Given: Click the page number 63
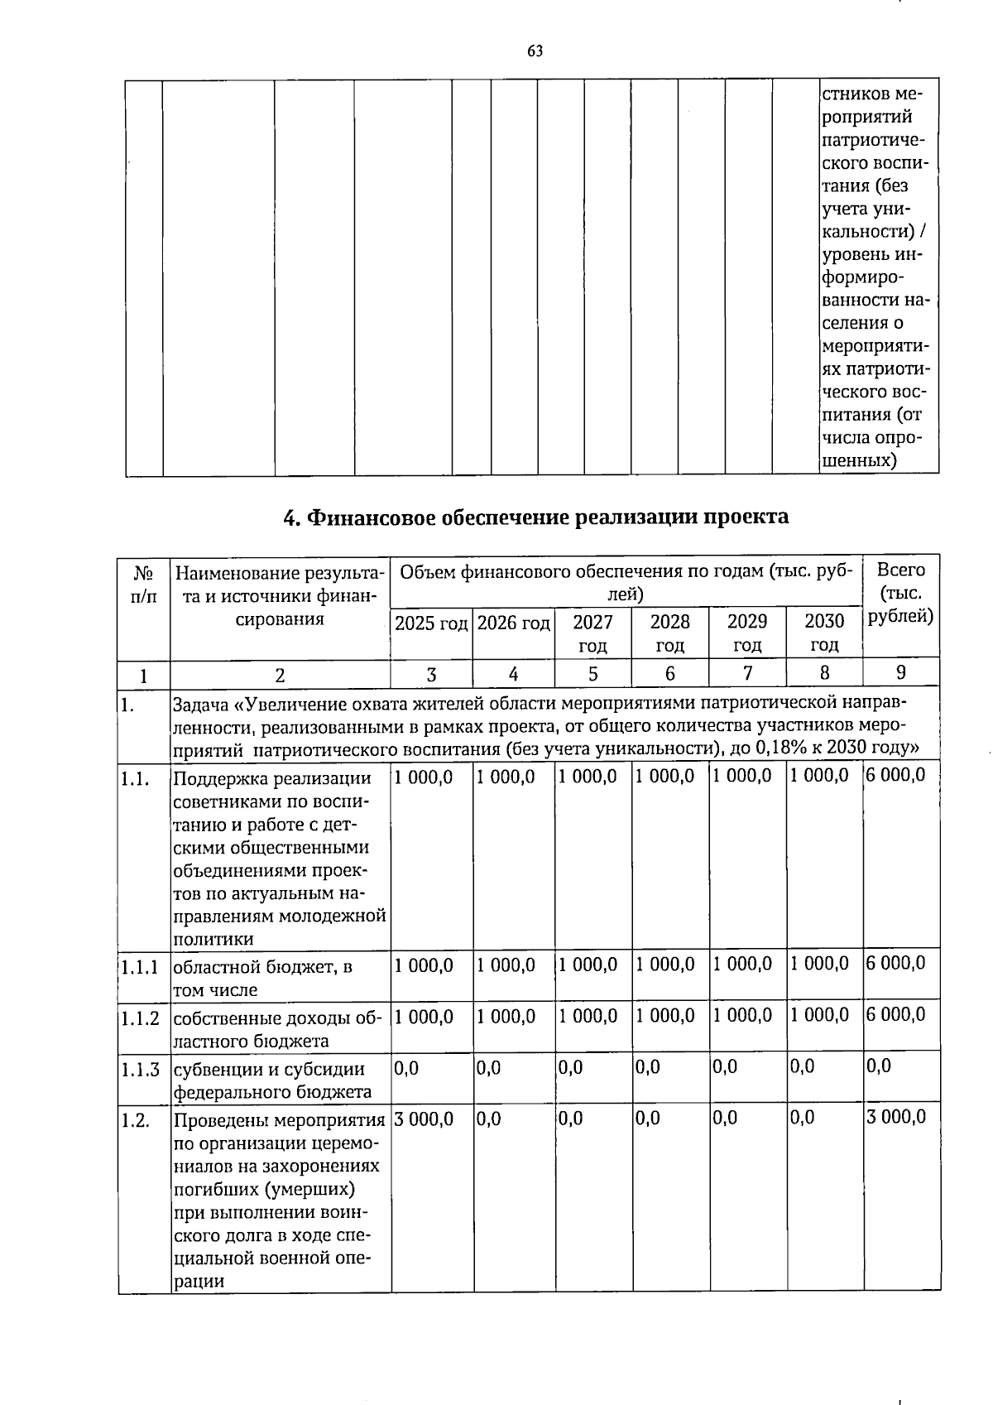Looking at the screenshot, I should [535, 51].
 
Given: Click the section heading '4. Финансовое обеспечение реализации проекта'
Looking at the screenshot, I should [535, 517].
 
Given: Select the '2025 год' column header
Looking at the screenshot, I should [430, 623].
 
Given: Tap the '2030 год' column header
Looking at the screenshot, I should [824, 633].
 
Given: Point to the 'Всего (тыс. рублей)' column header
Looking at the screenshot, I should [900, 593].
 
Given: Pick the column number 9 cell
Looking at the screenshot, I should [900, 672].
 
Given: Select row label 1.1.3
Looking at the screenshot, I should [140, 1069].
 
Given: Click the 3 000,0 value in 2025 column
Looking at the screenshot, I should [424, 1119].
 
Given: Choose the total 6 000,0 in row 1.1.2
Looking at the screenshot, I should [895, 1014].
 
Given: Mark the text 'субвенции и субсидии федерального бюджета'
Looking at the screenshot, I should [272, 1080].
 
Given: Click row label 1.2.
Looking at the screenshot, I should [135, 1121].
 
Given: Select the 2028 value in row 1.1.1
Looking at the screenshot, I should [665, 964].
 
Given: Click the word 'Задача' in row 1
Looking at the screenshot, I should [201, 705].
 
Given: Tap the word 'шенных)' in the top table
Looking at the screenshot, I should [861, 460].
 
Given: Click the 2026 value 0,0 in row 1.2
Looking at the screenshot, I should [489, 1119].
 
